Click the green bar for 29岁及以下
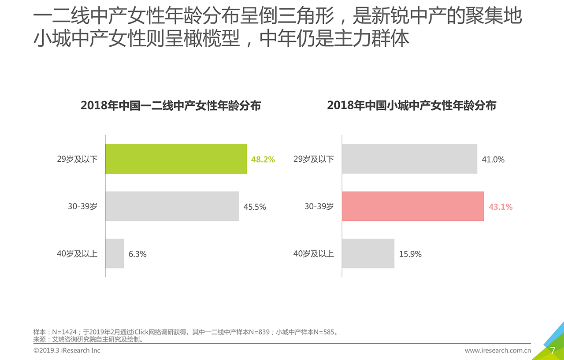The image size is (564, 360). (x=176, y=159)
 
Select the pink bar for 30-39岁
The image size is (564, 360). (x=413, y=206)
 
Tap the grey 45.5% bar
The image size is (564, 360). (x=172, y=206)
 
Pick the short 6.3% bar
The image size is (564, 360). (x=115, y=253)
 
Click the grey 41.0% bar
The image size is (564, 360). (x=409, y=159)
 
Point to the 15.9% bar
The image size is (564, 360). (x=368, y=253)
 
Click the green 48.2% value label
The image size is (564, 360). (x=263, y=160)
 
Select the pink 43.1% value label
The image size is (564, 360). (x=501, y=207)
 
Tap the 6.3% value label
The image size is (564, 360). (x=137, y=254)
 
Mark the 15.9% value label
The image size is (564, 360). (x=410, y=254)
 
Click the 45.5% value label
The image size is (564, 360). (x=255, y=207)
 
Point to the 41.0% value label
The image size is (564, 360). (x=493, y=160)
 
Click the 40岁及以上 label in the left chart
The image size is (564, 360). (x=77, y=254)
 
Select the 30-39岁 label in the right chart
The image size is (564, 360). (x=319, y=206)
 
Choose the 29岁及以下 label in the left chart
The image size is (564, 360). (x=77, y=159)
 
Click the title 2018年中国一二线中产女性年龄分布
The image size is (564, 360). (x=171, y=106)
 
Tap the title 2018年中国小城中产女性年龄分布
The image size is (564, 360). (x=412, y=106)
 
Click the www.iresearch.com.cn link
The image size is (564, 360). (x=498, y=351)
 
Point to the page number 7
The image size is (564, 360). (x=553, y=351)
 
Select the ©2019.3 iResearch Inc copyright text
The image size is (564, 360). (x=67, y=351)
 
